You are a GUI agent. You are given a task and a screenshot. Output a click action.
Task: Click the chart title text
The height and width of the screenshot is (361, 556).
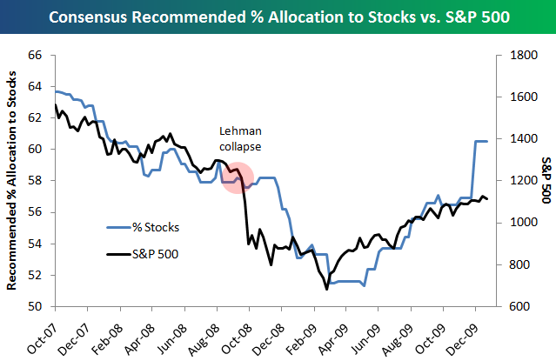[278, 17]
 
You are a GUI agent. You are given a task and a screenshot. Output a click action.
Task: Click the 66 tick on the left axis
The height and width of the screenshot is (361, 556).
[36, 55]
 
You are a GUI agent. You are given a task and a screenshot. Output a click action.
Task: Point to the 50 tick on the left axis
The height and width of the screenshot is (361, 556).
[36, 306]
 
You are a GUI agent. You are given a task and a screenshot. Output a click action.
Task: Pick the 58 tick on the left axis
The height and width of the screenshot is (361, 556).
[36, 181]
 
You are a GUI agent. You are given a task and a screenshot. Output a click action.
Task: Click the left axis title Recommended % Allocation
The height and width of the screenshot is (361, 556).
[12, 181]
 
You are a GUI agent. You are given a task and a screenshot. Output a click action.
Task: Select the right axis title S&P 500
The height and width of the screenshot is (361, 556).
[546, 181]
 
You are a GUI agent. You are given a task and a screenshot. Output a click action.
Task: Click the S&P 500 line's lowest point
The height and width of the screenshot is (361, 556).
[327, 288]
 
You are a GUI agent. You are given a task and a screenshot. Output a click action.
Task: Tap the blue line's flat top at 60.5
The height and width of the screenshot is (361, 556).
[481, 141]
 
